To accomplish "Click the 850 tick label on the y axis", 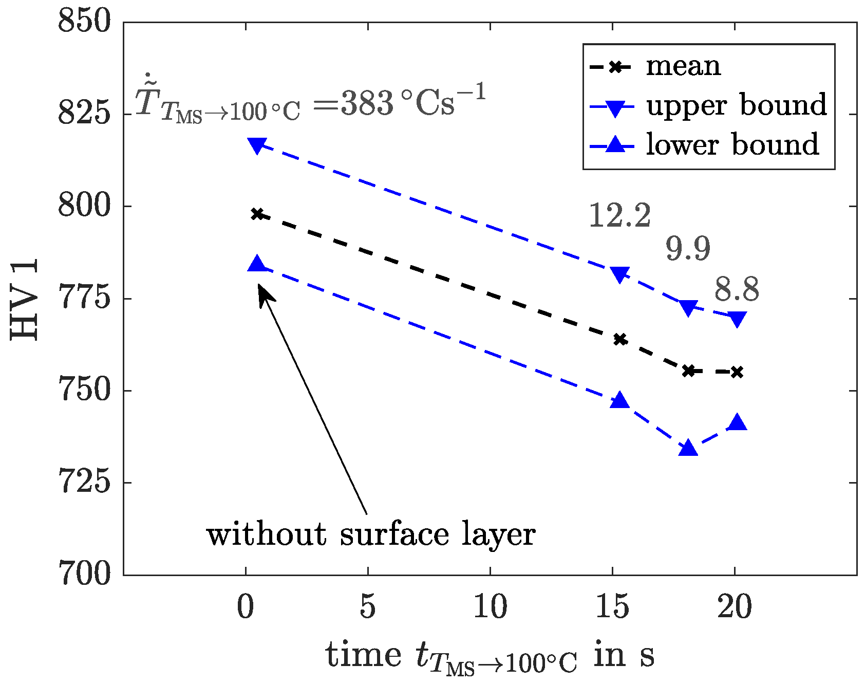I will coord(84,23).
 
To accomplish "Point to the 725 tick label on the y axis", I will coord(84,483).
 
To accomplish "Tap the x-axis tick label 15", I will coord(612,607).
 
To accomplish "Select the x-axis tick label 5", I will coord(368,607).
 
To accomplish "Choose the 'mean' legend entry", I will coord(683,66).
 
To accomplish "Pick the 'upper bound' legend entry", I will coord(736,105).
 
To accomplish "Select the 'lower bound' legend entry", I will coord(732,145).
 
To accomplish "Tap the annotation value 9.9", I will coord(688,249).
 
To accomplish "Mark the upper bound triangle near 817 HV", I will coord(257,145).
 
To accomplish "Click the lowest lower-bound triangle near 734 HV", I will coord(688,449).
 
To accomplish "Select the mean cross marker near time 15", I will coord(620,339).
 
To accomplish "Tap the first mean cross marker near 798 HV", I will coord(257,214).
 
